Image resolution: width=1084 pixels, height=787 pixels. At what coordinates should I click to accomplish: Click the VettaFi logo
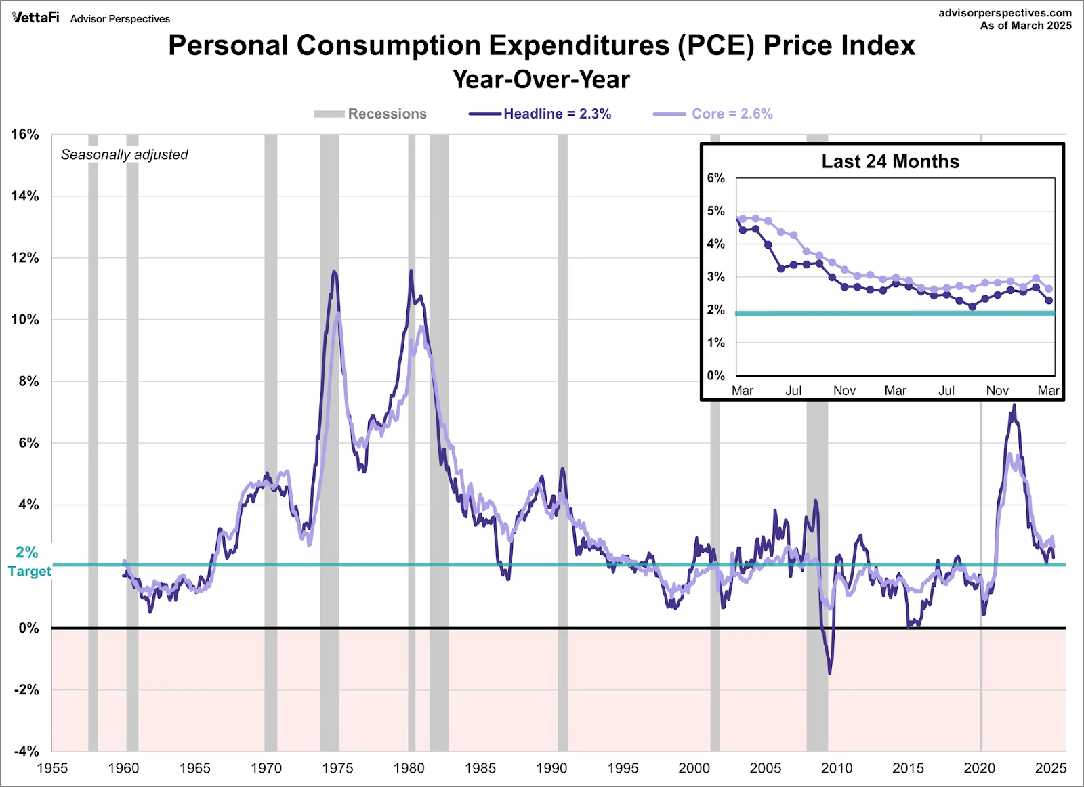(x=35, y=18)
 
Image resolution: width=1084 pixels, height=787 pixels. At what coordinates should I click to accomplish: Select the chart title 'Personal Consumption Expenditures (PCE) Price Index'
(x=541, y=45)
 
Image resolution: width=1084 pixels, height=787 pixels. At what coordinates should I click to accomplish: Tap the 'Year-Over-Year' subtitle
(x=541, y=79)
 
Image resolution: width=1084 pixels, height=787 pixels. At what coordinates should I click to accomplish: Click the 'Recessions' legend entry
(x=370, y=114)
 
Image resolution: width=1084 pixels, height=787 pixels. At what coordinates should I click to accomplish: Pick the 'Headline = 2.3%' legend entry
(x=539, y=114)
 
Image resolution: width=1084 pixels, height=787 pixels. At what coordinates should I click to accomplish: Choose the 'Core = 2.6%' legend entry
(x=712, y=114)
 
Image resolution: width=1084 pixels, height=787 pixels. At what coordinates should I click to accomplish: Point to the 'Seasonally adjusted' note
(x=125, y=155)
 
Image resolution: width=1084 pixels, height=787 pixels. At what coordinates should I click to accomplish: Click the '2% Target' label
(x=29, y=561)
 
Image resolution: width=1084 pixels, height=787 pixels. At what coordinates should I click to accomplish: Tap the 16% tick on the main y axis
(x=25, y=135)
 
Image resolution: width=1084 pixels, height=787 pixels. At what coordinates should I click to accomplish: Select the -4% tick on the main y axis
(x=26, y=751)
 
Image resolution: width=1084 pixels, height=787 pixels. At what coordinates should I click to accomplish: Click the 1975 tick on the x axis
(x=337, y=769)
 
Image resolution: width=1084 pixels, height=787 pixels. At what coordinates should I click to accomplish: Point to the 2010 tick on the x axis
(x=837, y=769)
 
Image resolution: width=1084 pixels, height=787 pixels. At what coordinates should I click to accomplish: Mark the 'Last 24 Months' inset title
(x=890, y=161)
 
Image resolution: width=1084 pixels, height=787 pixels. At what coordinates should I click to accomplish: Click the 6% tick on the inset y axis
(x=715, y=178)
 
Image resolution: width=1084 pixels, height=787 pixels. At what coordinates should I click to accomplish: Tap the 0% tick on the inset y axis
(x=715, y=375)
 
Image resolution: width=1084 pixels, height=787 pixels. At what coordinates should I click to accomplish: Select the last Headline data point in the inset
(x=1049, y=301)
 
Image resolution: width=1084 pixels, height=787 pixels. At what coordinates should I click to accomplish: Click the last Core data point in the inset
(x=1049, y=289)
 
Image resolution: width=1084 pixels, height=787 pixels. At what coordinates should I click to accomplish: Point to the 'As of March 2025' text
(x=1026, y=26)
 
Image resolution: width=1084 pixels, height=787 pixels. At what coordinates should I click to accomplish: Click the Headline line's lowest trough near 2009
(x=829, y=673)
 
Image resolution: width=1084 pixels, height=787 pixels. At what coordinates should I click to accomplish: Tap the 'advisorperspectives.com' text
(x=1005, y=13)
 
